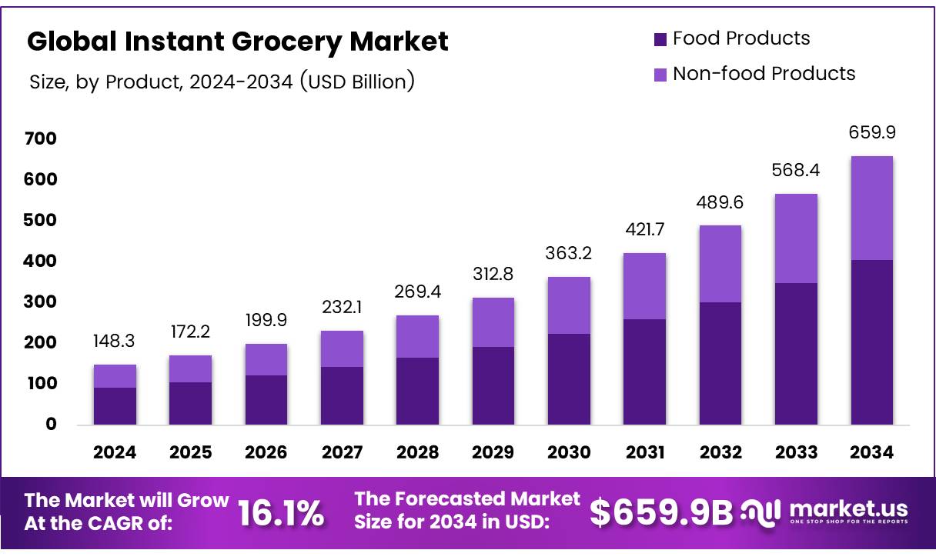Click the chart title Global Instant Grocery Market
click(237, 42)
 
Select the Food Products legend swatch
click(660, 39)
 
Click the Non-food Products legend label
click(764, 74)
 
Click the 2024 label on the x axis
click(115, 453)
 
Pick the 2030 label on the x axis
click(569, 453)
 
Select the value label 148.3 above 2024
click(115, 341)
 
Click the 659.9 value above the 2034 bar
click(872, 132)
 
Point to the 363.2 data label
click(569, 253)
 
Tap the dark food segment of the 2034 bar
click(872, 342)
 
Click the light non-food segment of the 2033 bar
click(796, 238)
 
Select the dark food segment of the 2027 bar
click(342, 395)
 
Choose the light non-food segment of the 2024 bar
click(115, 376)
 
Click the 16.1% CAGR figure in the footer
click(280, 514)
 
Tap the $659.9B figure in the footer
click(661, 514)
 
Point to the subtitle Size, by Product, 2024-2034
click(222, 82)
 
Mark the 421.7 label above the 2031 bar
click(644, 229)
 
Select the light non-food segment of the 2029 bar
click(493, 322)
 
